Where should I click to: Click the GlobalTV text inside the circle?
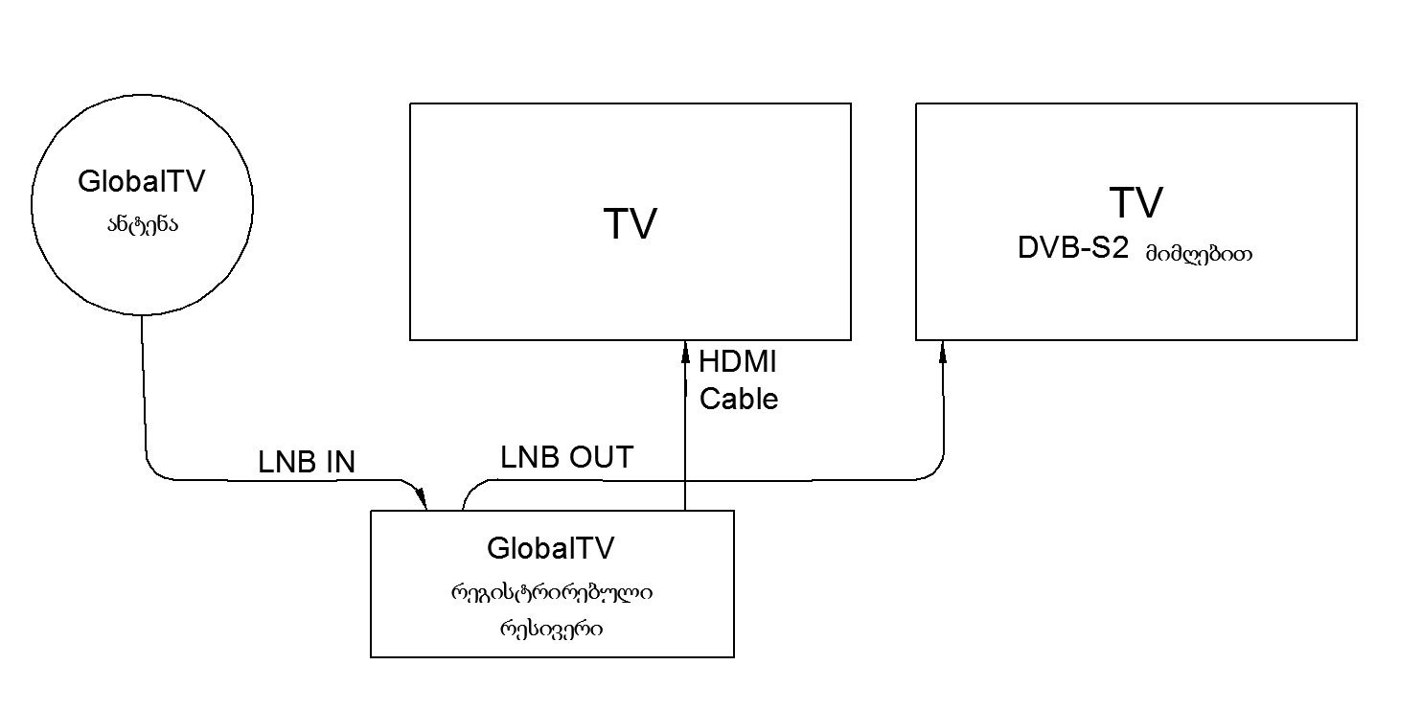[142, 182]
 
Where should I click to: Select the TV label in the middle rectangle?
[630, 224]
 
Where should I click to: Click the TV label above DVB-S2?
[1135, 203]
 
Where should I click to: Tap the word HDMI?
[738, 363]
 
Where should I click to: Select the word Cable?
[738, 398]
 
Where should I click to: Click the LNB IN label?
[307, 463]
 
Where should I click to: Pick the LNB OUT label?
[566, 458]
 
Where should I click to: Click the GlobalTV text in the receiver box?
[550, 549]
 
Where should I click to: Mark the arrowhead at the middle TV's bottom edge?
[685, 352]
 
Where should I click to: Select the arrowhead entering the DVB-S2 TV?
[943, 352]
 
